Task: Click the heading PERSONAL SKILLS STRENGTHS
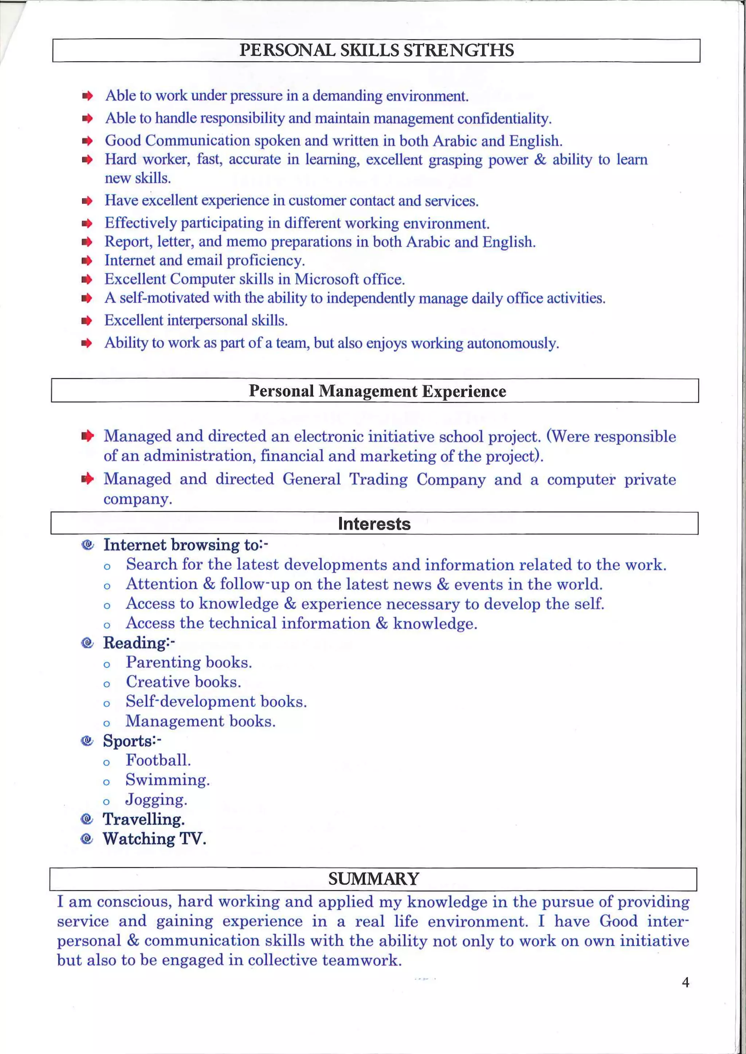coord(376,50)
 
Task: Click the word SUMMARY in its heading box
coord(373,879)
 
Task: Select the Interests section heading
coord(374,524)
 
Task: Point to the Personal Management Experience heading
coord(377,391)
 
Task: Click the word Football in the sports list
coord(158,760)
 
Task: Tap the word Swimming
coord(167,780)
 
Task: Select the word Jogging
coord(156,800)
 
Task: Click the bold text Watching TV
coord(154,839)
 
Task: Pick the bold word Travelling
coord(143,819)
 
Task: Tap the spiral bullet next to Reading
coord(87,643)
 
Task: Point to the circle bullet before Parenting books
coord(107,664)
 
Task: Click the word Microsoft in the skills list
coord(327,279)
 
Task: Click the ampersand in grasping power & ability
coord(540,160)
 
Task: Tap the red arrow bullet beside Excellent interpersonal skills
coord(87,321)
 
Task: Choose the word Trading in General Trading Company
coord(378,479)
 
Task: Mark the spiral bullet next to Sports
coord(87,741)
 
